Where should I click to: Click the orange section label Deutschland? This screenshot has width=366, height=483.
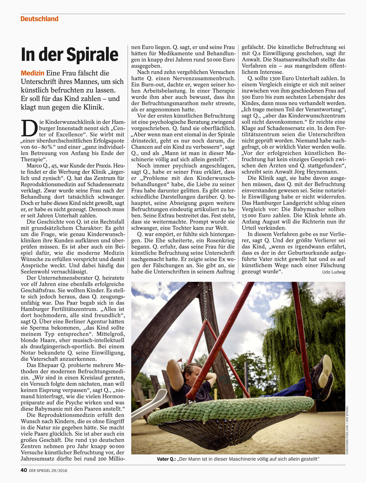(x=39, y=19)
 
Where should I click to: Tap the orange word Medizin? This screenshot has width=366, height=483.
(x=32, y=73)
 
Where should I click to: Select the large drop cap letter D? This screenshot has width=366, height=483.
(x=29, y=128)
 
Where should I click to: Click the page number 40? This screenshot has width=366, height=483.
(x=24, y=470)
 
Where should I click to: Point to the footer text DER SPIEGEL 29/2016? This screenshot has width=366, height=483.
(x=48, y=470)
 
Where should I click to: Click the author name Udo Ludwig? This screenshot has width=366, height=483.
(x=334, y=272)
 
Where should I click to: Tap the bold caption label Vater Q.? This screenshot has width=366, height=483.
(x=166, y=459)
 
